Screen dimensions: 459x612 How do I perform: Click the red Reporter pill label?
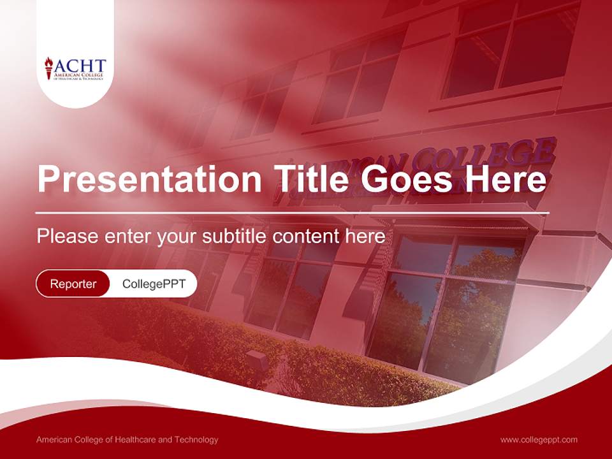point(73,284)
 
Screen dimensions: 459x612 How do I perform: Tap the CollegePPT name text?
point(154,284)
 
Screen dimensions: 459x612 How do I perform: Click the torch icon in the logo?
point(48,68)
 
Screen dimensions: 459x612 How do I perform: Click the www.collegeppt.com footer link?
point(539,439)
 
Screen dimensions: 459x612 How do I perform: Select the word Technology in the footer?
point(195,439)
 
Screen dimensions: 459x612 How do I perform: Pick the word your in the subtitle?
point(177,237)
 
